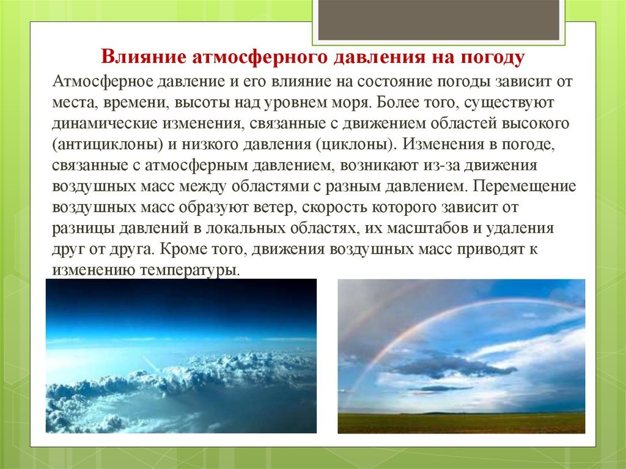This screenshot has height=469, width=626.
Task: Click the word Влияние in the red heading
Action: [x=143, y=57]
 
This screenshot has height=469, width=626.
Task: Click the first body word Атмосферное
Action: [x=102, y=81]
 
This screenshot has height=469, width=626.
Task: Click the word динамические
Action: [x=105, y=124]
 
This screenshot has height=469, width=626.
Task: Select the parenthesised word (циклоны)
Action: [x=356, y=144]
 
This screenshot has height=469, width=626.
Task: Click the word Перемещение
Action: [x=525, y=186]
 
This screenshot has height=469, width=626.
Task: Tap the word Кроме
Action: [x=182, y=249]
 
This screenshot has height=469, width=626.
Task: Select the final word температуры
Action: [x=190, y=270]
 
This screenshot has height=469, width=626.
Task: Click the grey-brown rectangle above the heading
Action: [x=439, y=20]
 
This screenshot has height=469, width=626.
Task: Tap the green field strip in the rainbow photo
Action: [x=461, y=423]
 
